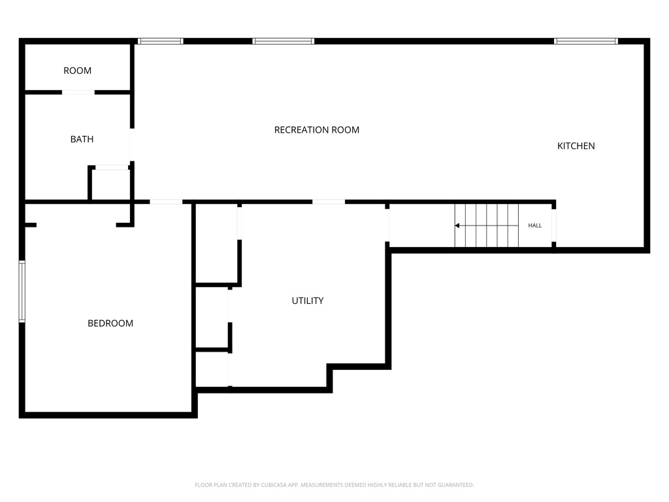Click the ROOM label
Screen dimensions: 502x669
[77, 71]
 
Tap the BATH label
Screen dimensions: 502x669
[82, 139]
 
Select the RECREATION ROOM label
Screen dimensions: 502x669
[316, 130]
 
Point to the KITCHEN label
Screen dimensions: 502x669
[576, 146]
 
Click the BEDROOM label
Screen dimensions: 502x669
[110, 323]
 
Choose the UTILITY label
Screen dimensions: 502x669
[308, 301]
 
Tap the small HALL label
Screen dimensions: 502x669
[535, 226]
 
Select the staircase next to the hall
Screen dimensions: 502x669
[487, 226]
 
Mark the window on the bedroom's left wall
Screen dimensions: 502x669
[22, 292]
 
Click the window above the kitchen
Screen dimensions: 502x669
[585, 41]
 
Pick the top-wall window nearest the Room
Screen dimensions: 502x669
[160, 41]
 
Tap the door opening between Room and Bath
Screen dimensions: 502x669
[78, 92]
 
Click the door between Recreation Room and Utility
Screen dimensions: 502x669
[329, 202]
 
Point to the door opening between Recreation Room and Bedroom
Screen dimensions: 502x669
[166, 202]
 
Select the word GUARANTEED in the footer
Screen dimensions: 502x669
[456, 485]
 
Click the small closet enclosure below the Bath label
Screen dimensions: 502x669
[110, 184]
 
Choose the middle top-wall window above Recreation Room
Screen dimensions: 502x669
[284, 41]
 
